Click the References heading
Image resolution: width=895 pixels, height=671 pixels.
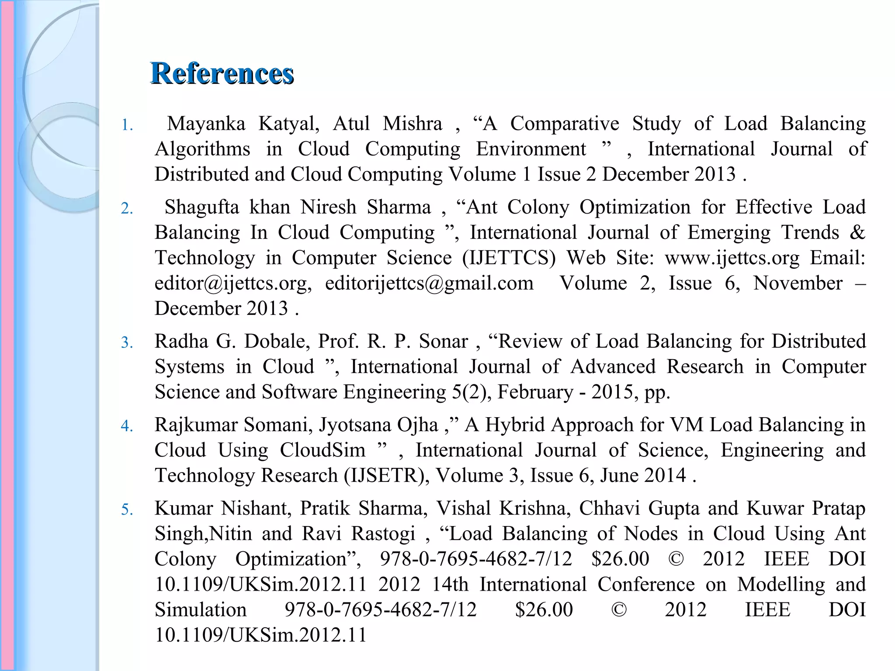(x=222, y=73)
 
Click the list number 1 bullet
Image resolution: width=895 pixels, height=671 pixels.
(x=127, y=125)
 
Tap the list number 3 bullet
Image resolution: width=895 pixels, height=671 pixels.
(x=127, y=342)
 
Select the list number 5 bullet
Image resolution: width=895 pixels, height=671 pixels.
(x=127, y=509)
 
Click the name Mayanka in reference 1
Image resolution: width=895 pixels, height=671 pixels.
(x=206, y=124)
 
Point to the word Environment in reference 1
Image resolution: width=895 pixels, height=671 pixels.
(x=531, y=149)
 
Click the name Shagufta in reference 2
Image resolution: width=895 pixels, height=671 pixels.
(x=201, y=207)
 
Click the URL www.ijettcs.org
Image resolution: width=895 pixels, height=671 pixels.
(x=732, y=258)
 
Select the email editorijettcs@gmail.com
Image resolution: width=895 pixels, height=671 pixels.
(x=429, y=283)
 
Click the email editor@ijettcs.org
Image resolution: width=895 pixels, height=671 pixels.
(x=232, y=283)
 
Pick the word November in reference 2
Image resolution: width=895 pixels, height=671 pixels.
(x=798, y=283)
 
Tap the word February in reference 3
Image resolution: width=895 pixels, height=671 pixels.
(x=535, y=392)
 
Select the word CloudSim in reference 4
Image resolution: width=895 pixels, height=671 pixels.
(x=323, y=450)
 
